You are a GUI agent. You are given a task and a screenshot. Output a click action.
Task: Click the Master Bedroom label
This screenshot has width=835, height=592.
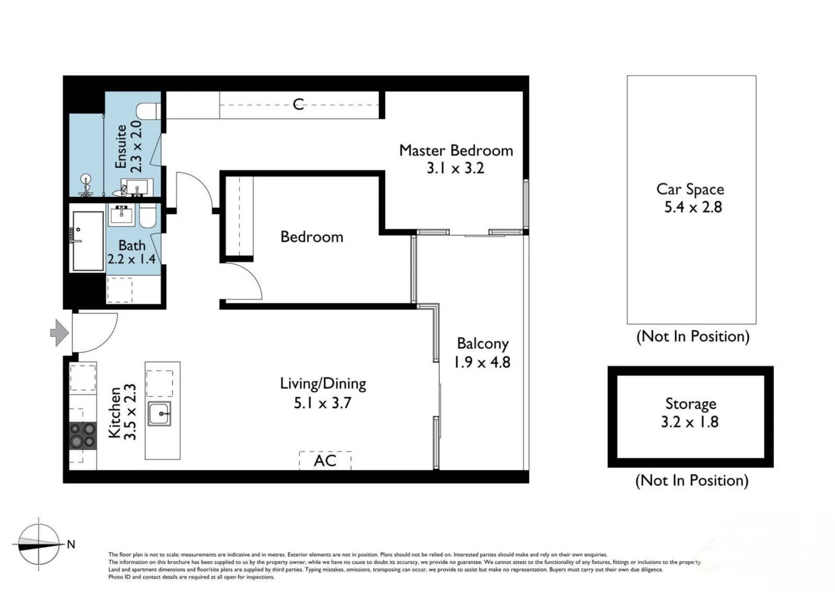(456, 150)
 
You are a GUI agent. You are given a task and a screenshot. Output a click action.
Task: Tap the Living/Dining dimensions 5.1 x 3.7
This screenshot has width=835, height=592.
(322, 403)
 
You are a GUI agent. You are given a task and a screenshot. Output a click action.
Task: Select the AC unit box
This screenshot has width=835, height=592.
(325, 460)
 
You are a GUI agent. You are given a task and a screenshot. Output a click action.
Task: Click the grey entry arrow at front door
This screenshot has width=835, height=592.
(59, 333)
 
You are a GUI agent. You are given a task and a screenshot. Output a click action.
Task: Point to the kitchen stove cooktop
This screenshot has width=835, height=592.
(83, 436)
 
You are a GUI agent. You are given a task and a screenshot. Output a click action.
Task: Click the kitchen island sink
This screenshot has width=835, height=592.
(160, 413)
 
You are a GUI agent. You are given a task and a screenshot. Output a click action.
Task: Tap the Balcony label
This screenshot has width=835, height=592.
(482, 344)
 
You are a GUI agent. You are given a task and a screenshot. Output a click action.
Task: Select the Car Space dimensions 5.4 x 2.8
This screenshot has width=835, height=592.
(693, 207)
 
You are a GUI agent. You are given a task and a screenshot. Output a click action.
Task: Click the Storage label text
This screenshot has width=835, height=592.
(690, 403)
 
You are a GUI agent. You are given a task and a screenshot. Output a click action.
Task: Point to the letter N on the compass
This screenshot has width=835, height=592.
(71, 544)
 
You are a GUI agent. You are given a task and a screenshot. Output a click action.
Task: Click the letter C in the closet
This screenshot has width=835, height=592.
(298, 104)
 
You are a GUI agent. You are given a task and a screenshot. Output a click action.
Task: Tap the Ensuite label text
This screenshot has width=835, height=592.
(121, 146)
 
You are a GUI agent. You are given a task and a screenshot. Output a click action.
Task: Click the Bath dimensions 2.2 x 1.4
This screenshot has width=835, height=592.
(132, 259)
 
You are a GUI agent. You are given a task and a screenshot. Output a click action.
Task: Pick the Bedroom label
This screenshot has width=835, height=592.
(312, 237)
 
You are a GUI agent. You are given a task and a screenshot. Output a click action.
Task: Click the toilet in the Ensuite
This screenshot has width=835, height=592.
(148, 111)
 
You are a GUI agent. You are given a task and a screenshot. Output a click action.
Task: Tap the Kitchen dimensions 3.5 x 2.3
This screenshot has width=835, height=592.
(130, 412)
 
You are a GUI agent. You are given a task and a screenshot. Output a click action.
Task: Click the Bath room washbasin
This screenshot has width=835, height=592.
(121, 215)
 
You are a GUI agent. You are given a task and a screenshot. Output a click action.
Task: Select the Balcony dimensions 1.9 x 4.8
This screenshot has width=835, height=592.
(482, 362)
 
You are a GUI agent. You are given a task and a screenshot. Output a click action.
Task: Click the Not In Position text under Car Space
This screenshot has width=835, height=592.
(692, 336)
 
